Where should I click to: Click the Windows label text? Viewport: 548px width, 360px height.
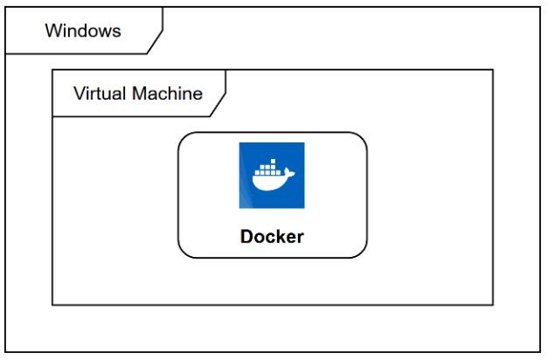[83, 31]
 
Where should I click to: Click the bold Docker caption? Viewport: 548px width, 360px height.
[272, 237]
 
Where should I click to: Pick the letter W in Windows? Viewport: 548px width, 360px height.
[52, 31]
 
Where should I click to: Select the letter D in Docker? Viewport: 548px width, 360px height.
[246, 237]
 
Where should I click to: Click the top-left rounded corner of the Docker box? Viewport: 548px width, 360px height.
[184, 138]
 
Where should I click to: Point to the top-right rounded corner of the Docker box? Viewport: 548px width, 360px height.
[361, 138]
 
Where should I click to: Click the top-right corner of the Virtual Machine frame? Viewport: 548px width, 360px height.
[493, 70]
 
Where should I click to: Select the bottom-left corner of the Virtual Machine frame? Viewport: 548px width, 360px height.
[52, 304]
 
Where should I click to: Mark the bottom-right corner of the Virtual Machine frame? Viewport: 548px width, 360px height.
[493, 304]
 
